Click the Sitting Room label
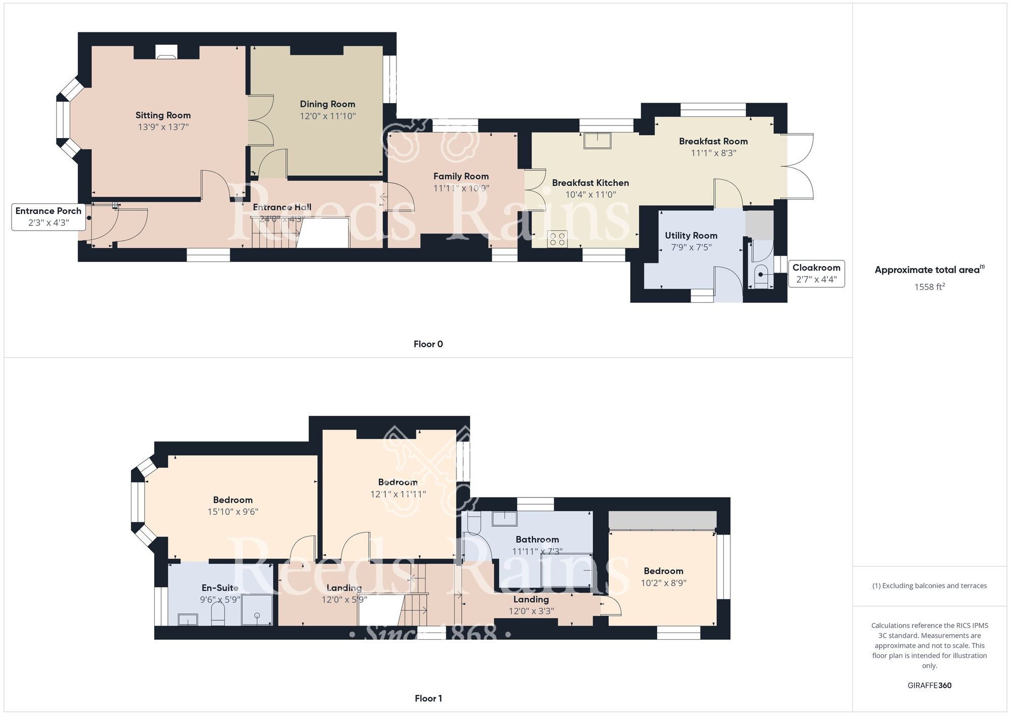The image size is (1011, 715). click(x=163, y=115)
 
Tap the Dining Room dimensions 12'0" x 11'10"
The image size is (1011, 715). click(x=328, y=116)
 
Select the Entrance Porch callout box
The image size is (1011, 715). click(x=49, y=216)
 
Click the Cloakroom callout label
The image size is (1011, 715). click(x=816, y=268)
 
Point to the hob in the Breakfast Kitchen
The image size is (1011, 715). click(x=557, y=239)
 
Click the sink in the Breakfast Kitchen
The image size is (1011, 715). click(x=597, y=141)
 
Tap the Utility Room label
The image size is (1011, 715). click(x=691, y=236)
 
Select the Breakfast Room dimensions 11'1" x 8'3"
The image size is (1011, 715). click(x=713, y=153)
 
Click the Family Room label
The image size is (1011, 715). click(x=461, y=176)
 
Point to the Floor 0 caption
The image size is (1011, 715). click(x=428, y=344)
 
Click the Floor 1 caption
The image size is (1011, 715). click(x=428, y=698)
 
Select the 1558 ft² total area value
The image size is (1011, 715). click(x=929, y=287)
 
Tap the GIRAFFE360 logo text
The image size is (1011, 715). click(x=929, y=686)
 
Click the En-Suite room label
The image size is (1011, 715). click(x=220, y=588)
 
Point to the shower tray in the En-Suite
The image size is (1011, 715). click(x=257, y=610)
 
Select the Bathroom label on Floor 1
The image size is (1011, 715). click(x=537, y=540)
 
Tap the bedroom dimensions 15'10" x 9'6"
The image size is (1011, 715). click(x=233, y=512)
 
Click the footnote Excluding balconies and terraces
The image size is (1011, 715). click(x=929, y=586)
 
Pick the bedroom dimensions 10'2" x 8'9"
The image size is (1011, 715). click(x=663, y=583)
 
